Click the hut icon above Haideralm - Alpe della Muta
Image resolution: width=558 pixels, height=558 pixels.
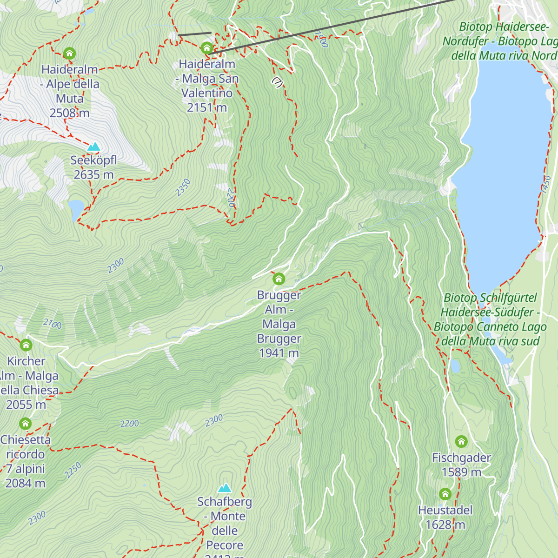(x=69, y=53)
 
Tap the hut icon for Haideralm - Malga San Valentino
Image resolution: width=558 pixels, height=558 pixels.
(x=206, y=48)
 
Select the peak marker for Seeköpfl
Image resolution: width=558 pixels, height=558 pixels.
(x=94, y=147)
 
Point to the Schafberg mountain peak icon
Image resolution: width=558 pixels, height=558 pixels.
(x=225, y=488)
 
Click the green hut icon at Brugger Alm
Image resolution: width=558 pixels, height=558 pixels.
(x=279, y=279)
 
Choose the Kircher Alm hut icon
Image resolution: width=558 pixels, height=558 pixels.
(x=26, y=345)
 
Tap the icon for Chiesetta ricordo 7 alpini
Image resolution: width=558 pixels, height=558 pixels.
(x=25, y=424)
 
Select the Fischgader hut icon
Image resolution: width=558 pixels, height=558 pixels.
(x=461, y=441)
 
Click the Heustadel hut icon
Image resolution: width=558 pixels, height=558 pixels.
(x=445, y=494)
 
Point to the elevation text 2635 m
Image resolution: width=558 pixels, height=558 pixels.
(x=93, y=175)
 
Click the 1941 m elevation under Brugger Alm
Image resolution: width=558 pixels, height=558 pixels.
(x=279, y=353)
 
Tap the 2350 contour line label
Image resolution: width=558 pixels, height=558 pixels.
(x=183, y=187)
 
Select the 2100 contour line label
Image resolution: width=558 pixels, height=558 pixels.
(x=53, y=324)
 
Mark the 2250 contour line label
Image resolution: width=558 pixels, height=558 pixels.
(x=73, y=470)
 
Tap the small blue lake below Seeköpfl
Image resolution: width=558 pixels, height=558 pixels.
(x=76, y=209)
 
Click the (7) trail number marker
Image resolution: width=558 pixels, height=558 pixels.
(x=278, y=82)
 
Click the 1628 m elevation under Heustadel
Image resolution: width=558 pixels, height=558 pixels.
(x=445, y=525)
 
